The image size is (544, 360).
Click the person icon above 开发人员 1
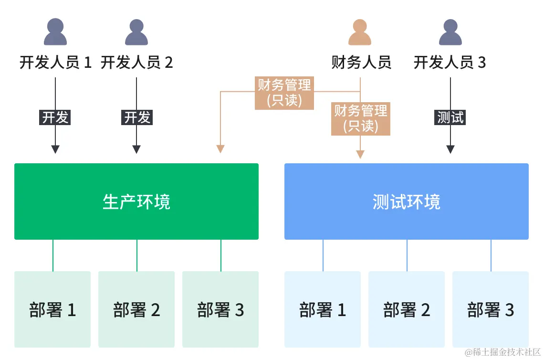55,32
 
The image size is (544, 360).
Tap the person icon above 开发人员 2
136,32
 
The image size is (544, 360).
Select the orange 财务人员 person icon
360,32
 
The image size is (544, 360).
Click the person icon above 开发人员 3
450,32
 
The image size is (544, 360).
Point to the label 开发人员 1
55,63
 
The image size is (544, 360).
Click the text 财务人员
361,63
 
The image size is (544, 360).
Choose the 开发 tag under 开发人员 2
137,117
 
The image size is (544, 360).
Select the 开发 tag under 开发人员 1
55,117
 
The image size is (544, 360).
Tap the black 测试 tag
450,117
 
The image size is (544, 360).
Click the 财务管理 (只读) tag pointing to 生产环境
284,93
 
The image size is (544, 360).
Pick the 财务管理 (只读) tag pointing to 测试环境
360,118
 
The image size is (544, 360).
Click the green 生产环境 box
136,201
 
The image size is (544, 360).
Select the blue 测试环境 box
407,201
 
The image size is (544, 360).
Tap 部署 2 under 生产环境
136,309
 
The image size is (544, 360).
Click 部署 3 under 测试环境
491,309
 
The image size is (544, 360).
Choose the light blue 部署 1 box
323,309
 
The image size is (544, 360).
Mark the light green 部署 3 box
220,309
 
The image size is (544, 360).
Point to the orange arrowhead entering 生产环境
220,148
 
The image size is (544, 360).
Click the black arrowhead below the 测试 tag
450,149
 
